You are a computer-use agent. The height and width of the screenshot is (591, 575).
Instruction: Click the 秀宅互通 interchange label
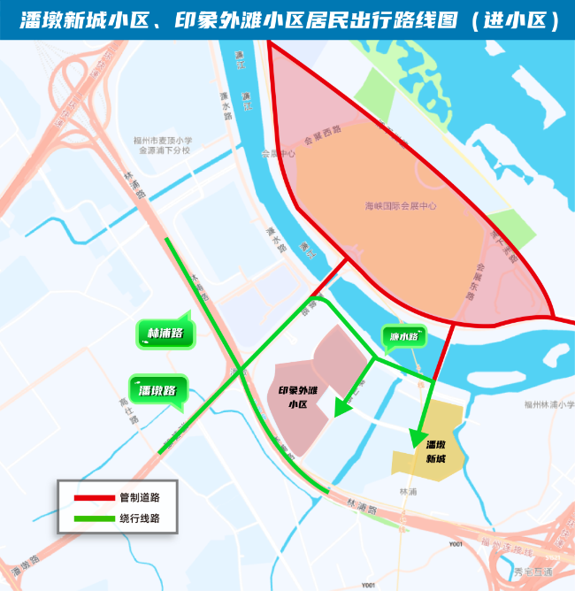(536, 572)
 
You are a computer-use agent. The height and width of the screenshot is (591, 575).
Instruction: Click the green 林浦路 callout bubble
(165, 334)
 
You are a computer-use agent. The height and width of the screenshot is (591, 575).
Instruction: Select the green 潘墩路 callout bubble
(158, 390)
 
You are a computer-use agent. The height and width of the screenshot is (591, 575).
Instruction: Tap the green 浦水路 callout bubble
(404, 337)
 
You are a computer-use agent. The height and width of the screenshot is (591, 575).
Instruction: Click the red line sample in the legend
(88, 498)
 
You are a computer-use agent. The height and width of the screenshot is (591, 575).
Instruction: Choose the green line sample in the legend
(88, 518)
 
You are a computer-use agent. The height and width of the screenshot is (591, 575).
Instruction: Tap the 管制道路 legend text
(139, 498)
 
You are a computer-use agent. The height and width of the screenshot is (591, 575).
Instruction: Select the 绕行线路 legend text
(139, 518)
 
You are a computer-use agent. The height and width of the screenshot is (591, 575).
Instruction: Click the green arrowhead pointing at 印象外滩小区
(341, 407)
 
